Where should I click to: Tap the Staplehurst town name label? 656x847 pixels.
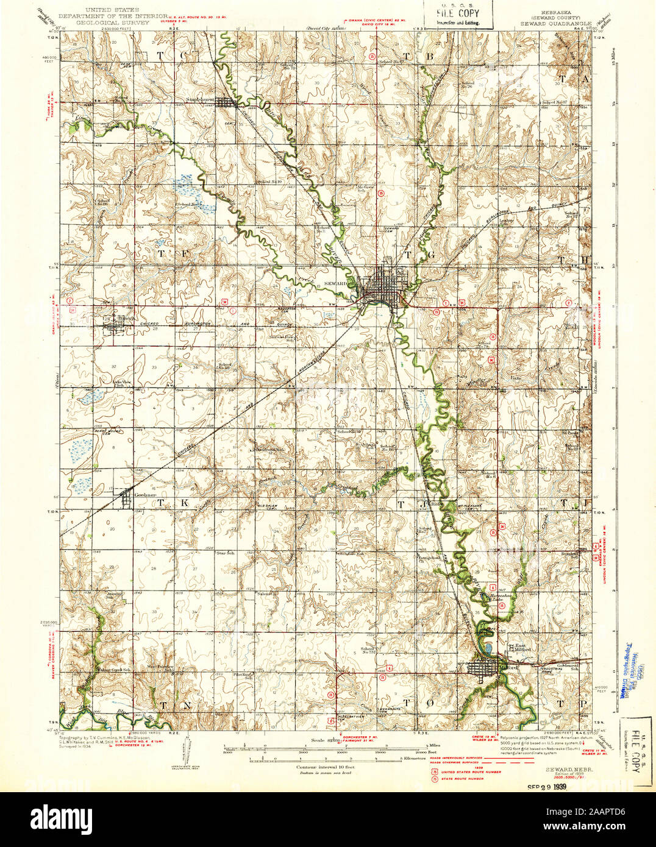tap(202, 97)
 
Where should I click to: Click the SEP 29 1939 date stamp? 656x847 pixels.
tap(552, 785)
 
